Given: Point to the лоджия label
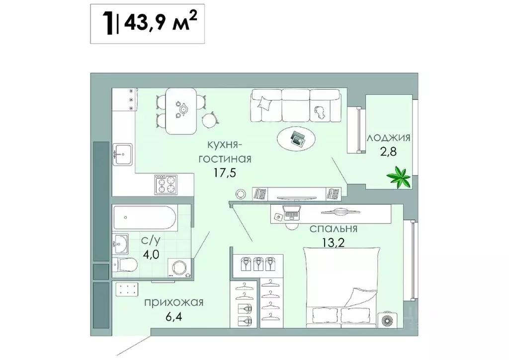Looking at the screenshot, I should click(x=388, y=138).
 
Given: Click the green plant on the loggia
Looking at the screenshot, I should click(x=399, y=178).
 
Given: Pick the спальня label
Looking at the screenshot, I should click(x=334, y=229).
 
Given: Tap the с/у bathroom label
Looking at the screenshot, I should click(x=151, y=240).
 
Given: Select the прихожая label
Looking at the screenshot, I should click(x=174, y=302).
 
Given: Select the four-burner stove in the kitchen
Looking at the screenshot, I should click(x=166, y=184).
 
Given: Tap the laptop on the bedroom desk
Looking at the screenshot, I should click(x=291, y=213).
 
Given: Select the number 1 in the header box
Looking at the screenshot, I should click(x=107, y=23).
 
